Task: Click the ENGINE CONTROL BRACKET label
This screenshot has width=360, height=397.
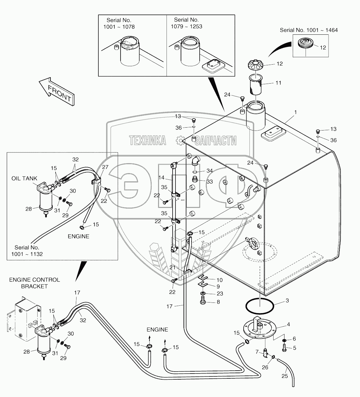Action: click(34, 283)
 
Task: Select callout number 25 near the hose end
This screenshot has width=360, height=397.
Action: click(284, 376)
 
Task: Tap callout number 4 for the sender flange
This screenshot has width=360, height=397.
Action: click(288, 325)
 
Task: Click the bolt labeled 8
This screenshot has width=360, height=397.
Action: click(203, 302)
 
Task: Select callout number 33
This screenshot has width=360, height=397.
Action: click(210, 181)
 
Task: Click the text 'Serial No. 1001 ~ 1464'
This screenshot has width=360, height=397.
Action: click(309, 30)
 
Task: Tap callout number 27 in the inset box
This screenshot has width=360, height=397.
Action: click(105, 167)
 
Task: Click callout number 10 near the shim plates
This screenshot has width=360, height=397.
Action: click(220, 280)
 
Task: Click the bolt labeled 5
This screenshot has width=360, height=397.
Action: click(285, 347)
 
